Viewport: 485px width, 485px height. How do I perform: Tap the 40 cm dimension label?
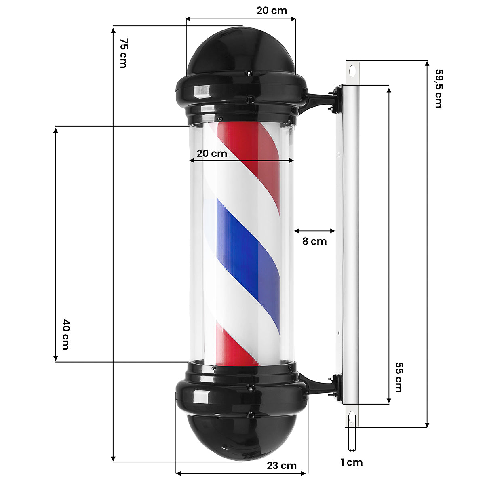[65, 334]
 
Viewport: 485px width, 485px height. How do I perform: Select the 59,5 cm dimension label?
[439, 88]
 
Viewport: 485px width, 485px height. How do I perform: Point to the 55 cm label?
[399, 377]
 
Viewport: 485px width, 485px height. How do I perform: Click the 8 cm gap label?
[314, 241]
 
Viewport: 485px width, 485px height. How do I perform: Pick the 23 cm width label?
[282, 466]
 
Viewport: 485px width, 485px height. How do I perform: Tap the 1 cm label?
[352, 462]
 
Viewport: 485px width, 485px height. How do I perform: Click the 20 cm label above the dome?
[272, 11]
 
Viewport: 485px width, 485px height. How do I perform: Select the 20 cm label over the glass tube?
[212, 154]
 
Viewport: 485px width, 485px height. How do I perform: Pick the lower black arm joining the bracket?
[317, 384]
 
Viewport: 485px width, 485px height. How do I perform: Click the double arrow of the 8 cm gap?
[315, 231]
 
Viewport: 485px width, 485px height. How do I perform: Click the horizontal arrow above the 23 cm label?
[241, 473]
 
